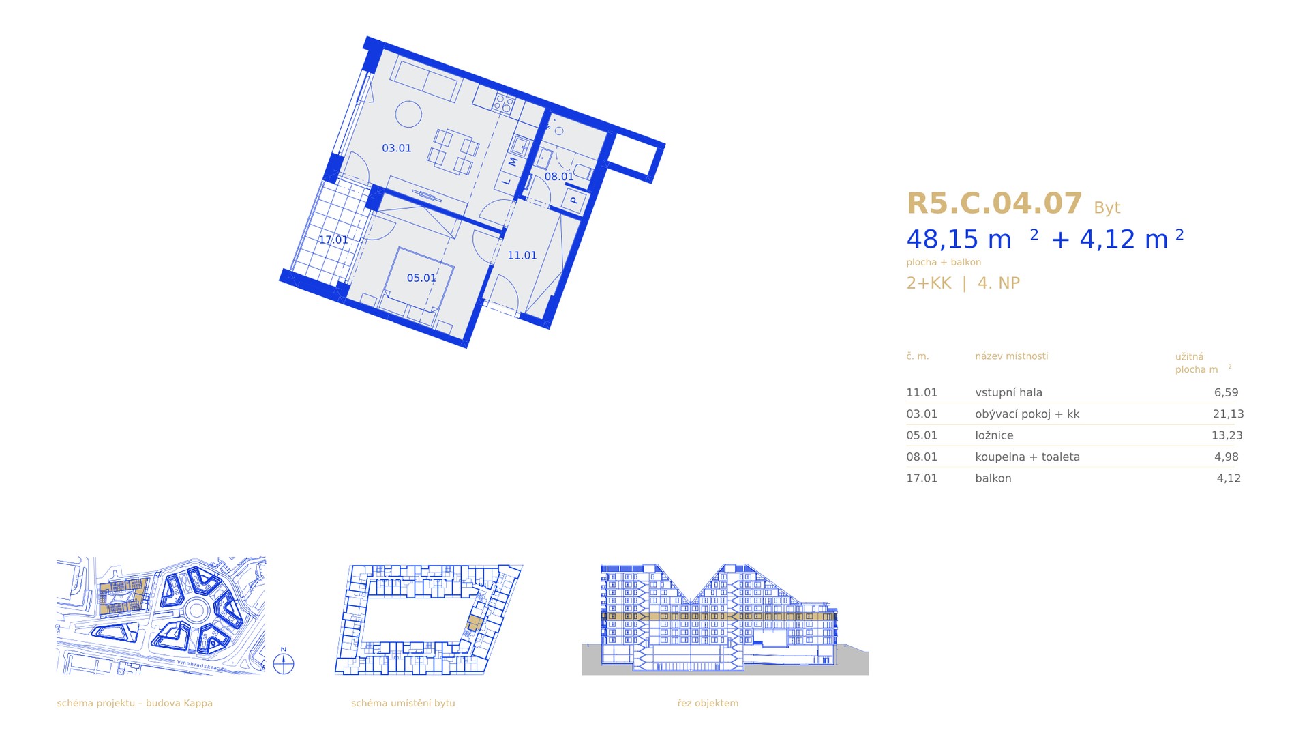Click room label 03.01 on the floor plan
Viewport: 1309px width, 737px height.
(x=396, y=148)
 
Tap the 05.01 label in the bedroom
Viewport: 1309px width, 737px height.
(x=421, y=278)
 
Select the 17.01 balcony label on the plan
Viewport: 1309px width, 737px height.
(x=333, y=240)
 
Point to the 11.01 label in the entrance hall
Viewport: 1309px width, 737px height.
(x=522, y=255)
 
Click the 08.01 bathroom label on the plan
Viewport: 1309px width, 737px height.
(x=558, y=177)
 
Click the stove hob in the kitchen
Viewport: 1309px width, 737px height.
(x=503, y=104)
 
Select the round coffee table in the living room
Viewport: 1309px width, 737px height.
(x=409, y=114)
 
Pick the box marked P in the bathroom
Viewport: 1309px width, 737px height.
(x=574, y=201)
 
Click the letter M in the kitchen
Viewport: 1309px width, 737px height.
(x=513, y=162)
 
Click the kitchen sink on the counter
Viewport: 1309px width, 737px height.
(x=522, y=145)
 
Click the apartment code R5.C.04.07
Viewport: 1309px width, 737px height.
(x=994, y=203)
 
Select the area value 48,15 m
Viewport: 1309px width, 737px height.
(x=959, y=240)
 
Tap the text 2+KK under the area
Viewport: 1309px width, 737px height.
(x=929, y=283)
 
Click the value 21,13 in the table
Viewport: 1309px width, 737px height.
(x=1228, y=414)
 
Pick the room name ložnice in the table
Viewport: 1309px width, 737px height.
(x=994, y=435)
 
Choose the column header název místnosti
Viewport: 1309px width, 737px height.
(x=1011, y=356)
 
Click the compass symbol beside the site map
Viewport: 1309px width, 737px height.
(x=284, y=663)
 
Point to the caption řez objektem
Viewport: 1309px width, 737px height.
(x=708, y=703)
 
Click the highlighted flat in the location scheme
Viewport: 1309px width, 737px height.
(x=475, y=622)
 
